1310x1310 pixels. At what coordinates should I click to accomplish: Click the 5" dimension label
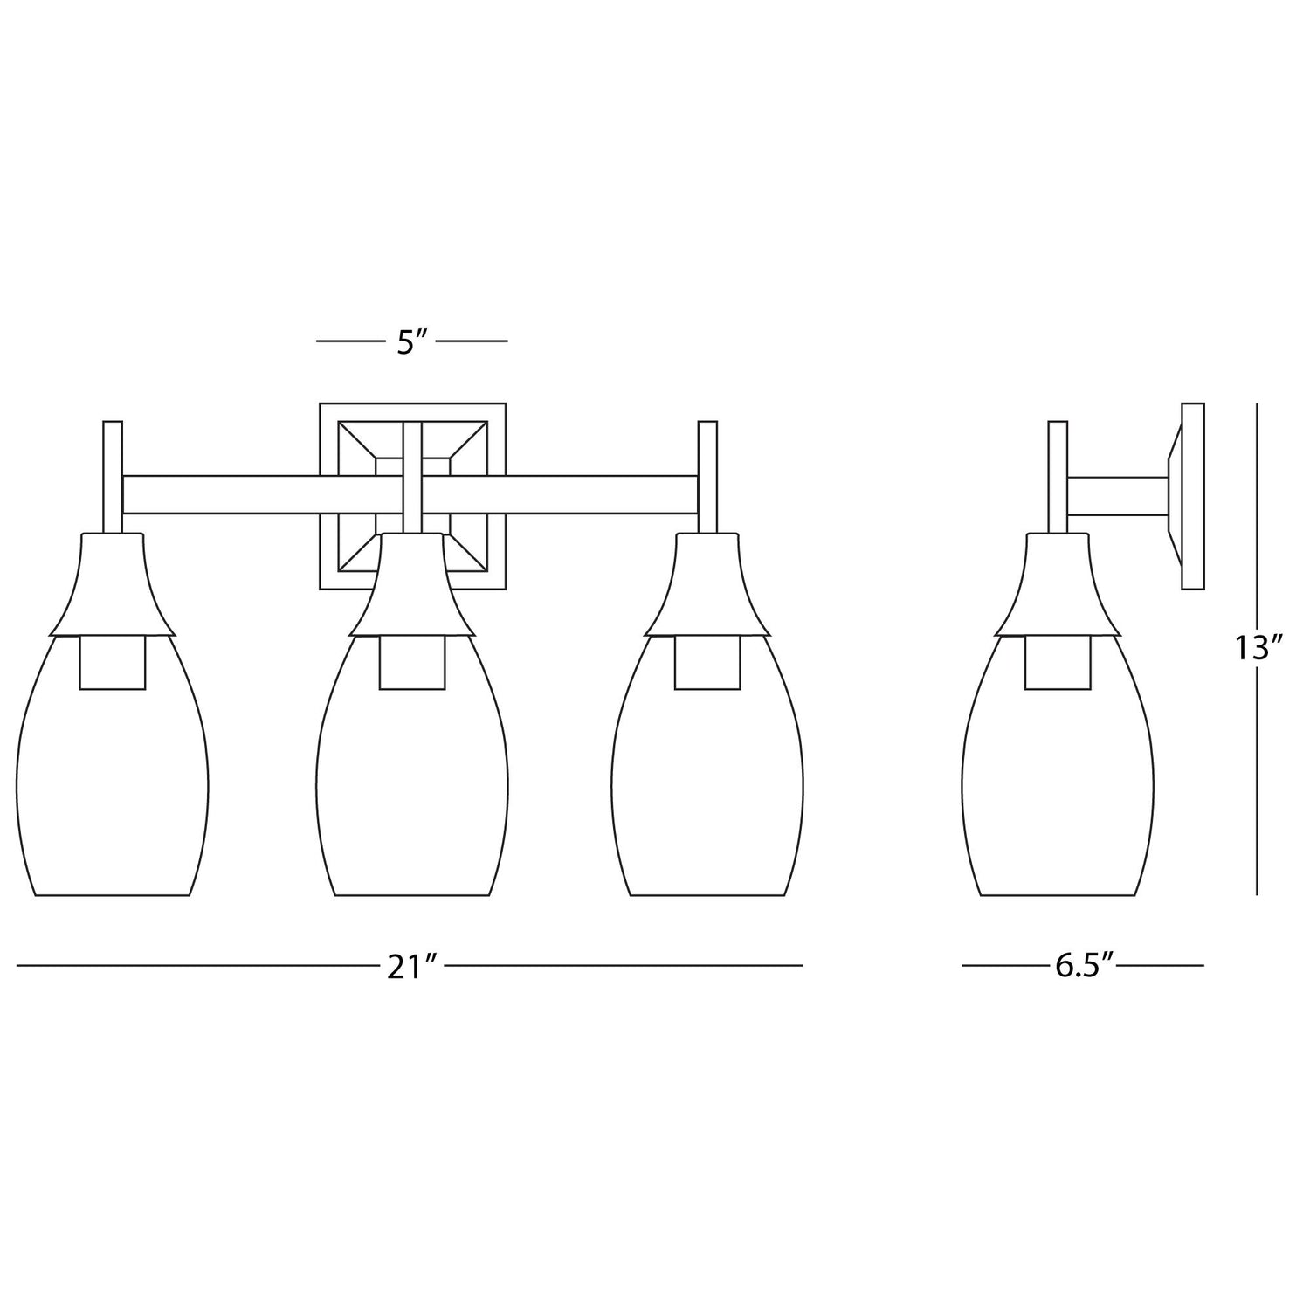pos(410,341)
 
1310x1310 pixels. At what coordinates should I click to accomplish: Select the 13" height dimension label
pos(1258,648)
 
